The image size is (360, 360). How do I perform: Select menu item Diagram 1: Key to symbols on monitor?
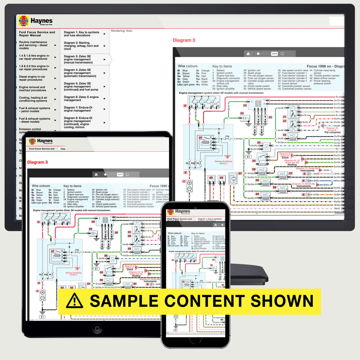point(82,33)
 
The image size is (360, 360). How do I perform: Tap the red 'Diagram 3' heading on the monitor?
point(184,40)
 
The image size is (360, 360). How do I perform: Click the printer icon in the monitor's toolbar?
point(248,54)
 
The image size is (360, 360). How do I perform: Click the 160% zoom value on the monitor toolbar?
point(274,54)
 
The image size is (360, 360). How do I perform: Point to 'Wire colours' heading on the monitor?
point(188,66)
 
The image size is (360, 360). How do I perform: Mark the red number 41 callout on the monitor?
point(240,174)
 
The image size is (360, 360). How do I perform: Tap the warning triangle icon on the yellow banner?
point(75,301)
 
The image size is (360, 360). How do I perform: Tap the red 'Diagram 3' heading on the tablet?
point(37,162)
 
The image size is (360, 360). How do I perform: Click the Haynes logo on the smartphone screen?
point(170,212)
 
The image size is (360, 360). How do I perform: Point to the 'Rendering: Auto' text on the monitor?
point(122,31)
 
